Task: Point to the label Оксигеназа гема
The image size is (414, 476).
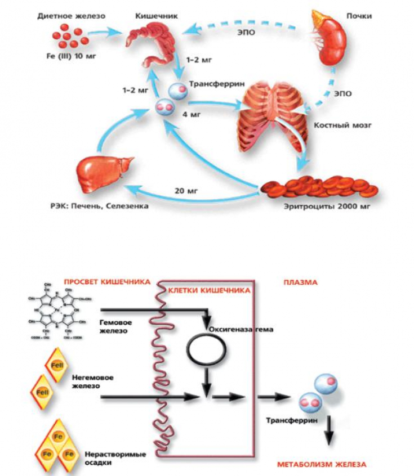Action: tap(241, 329)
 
